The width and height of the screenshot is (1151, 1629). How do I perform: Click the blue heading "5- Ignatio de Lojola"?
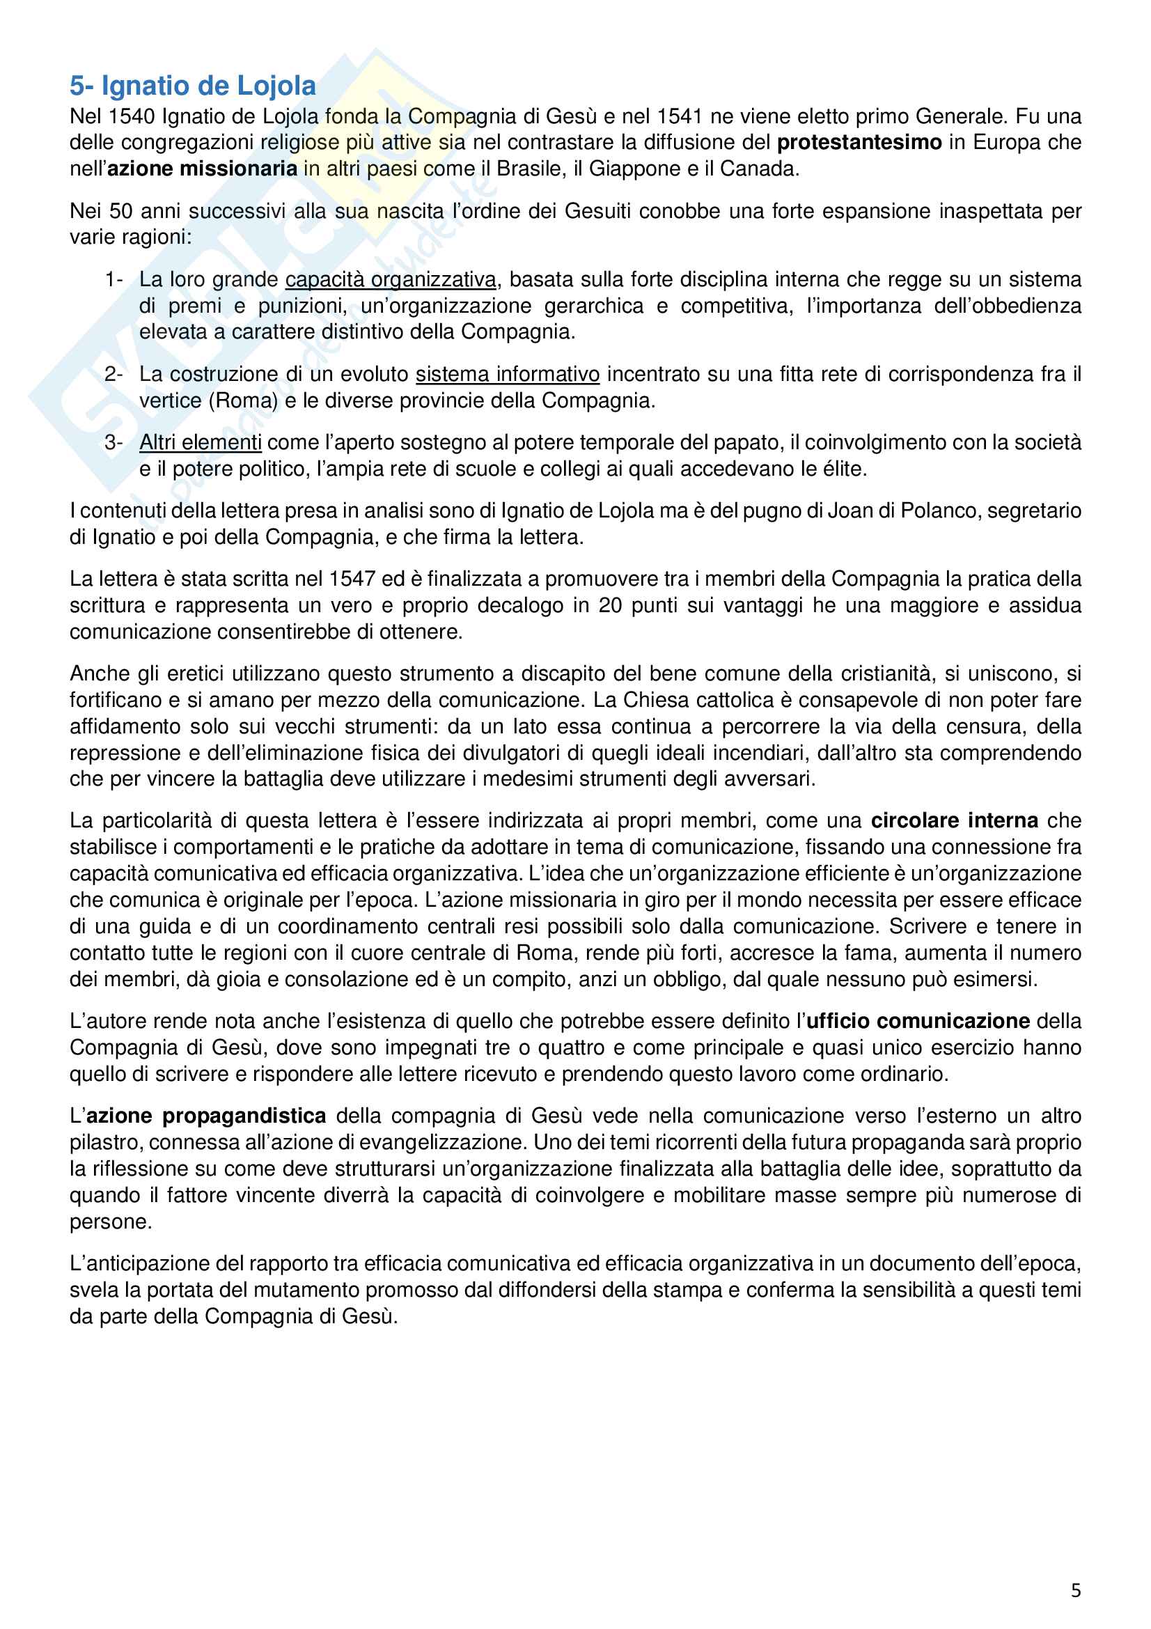(192, 86)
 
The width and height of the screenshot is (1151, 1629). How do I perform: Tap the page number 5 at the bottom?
(1075, 1590)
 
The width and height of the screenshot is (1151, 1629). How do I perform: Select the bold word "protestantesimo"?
(859, 143)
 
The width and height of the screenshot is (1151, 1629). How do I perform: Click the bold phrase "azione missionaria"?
(202, 169)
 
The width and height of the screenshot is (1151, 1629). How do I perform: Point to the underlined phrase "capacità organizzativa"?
(390, 279)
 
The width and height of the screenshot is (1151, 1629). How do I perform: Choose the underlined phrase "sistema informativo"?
(507, 374)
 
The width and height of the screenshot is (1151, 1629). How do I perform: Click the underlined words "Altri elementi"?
(200, 443)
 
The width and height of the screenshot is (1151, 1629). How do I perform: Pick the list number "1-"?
(113, 279)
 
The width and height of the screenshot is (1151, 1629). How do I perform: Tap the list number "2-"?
(113, 374)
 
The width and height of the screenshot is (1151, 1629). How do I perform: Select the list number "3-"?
(113, 443)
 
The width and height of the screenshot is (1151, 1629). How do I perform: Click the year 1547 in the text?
(352, 579)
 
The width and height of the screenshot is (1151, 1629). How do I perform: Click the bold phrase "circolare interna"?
(954, 821)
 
